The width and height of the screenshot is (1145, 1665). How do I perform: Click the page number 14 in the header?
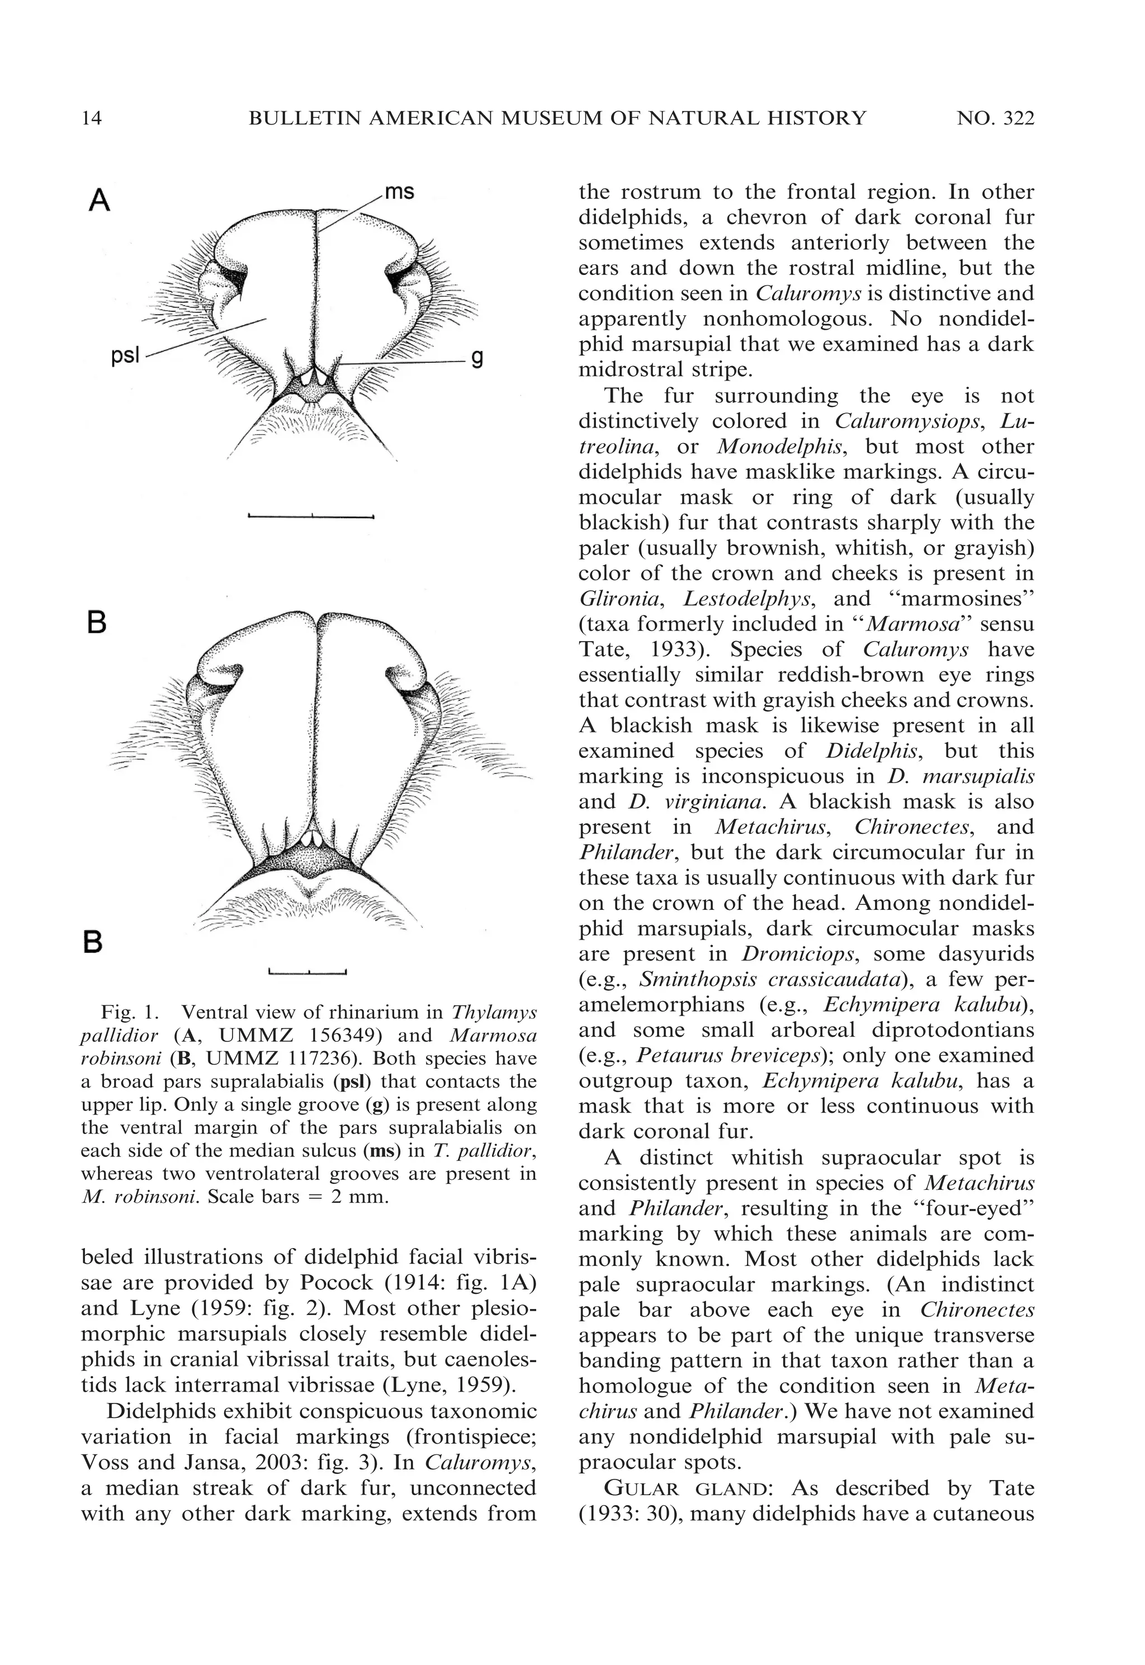pos(92,118)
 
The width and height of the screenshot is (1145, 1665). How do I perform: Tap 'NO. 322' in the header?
pos(995,118)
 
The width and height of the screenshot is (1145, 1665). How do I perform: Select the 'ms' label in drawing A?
pos(399,192)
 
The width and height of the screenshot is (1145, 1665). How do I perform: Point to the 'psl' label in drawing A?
pos(126,355)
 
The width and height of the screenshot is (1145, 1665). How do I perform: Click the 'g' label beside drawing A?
pos(476,358)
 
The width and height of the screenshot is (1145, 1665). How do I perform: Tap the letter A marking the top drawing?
pos(99,201)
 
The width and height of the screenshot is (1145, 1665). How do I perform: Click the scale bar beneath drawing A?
pos(311,515)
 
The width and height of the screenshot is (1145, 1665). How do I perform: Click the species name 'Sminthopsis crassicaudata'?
pos(780,979)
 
